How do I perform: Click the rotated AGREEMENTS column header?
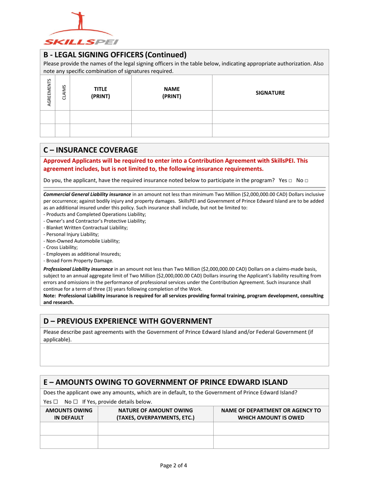pyautogui.click(x=49, y=92)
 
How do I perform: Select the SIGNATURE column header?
pyautogui.click(x=270, y=93)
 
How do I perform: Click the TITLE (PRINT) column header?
pyautogui.click(x=100, y=92)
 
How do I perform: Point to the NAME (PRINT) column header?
pyautogui.click(x=172, y=92)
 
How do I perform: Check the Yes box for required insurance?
pyautogui.click(x=290, y=181)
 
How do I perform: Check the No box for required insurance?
pyautogui.click(x=306, y=181)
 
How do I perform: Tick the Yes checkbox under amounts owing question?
pyautogui.click(x=56, y=401)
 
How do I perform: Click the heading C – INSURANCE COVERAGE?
pyautogui.click(x=90, y=150)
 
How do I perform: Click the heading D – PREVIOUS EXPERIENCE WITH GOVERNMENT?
pyautogui.click(x=127, y=321)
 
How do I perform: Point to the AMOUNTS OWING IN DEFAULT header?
pyautogui.click(x=69, y=414)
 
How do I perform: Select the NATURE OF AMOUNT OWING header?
pyautogui.click(x=155, y=414)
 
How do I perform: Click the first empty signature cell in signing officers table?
pyautogui.click(x=270, y=117)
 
